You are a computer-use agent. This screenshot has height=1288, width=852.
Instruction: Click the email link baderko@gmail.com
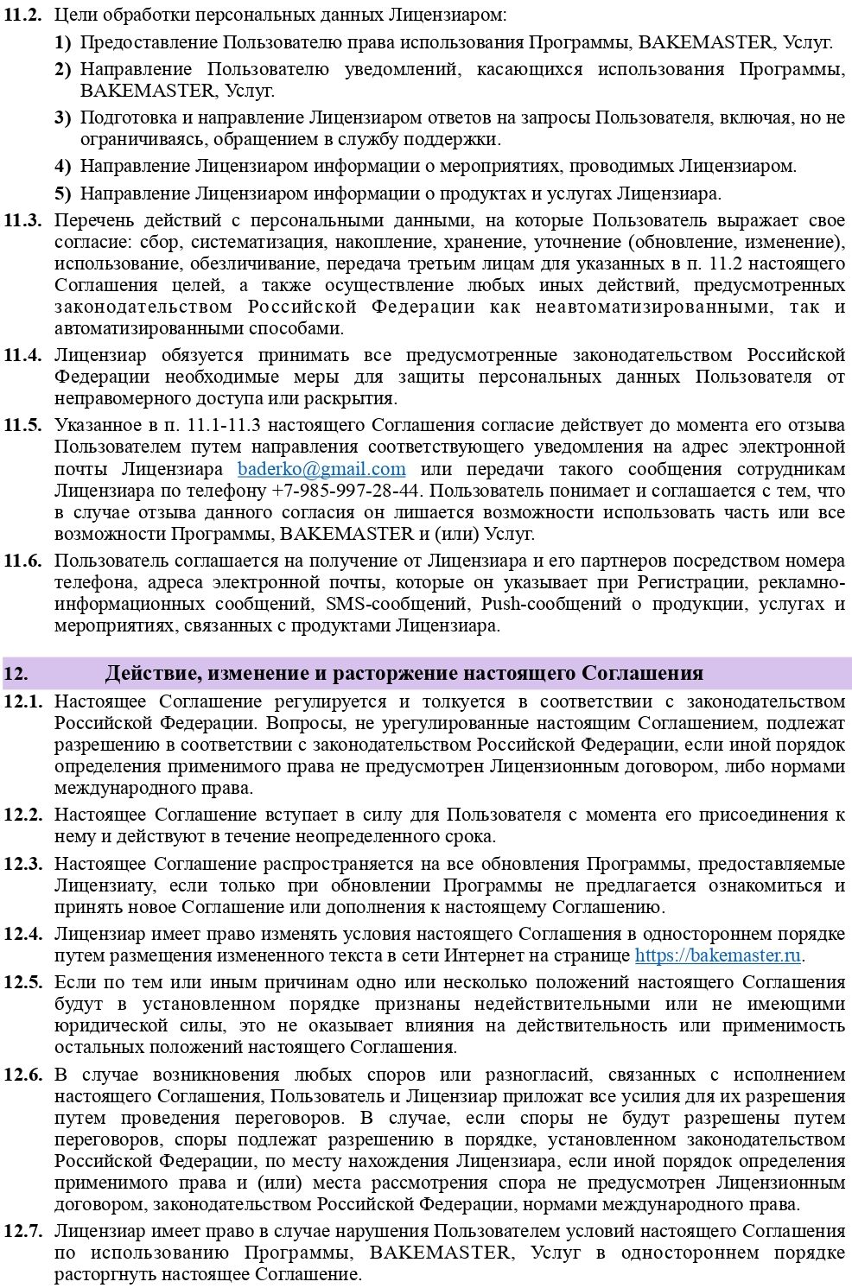click(x=321, y=469)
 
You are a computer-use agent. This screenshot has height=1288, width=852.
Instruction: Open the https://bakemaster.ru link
click(x=717, y=955)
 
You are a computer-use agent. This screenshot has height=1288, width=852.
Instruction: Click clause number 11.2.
click(x=22, y=16)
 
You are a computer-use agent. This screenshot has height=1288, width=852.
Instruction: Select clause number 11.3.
click(x=22, y=220)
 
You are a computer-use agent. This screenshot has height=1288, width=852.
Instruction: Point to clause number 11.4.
click(x=22, y=355)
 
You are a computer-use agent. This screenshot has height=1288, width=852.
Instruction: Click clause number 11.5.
click(x=22, y=425)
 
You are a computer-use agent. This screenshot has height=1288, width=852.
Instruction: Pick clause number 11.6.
click(x=22, y=561)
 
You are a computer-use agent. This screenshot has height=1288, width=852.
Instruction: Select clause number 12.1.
click(x=22, y=701)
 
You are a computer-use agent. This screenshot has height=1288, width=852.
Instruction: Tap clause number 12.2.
click(x=22, y=815)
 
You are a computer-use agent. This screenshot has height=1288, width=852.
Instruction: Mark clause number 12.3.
click(x=22, y=864)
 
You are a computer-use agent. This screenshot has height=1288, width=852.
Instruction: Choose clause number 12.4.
click(x=22, y=934)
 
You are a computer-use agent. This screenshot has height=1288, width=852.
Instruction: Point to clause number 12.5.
click(x=22, y=982)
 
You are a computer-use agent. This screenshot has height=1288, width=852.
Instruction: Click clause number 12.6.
click(x=22, y=1075)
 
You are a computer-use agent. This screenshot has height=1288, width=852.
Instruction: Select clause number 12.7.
click(x=22, y=1231)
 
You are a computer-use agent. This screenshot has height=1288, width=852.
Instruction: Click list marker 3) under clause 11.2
click(x=62, y=117)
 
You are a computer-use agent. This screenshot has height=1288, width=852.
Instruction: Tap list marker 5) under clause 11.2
click(x=62, y=194)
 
